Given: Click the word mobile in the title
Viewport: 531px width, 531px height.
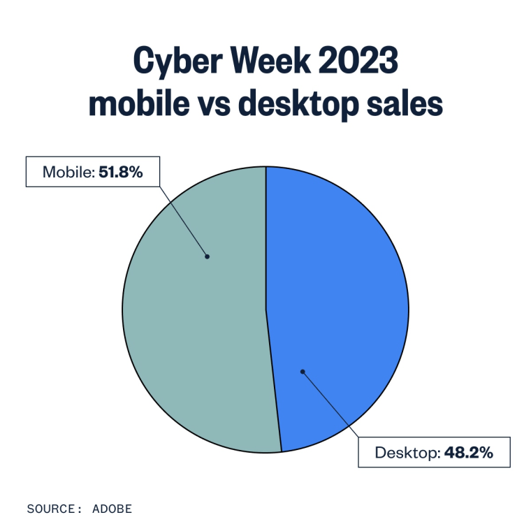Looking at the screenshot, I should click(x=137, y=105).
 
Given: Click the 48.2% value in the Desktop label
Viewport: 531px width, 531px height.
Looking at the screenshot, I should click(x=469, y=452).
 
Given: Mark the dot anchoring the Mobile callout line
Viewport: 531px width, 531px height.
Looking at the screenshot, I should click(x=207, y=256).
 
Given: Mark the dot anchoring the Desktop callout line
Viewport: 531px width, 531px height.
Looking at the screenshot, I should click(x=303, y=372).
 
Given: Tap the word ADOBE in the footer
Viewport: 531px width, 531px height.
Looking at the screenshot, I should click(x=112, y=509).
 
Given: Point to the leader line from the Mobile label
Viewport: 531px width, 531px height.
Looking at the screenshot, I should click(x=183, y=220).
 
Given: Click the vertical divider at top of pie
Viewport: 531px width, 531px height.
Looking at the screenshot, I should click(x=265, y=238).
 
